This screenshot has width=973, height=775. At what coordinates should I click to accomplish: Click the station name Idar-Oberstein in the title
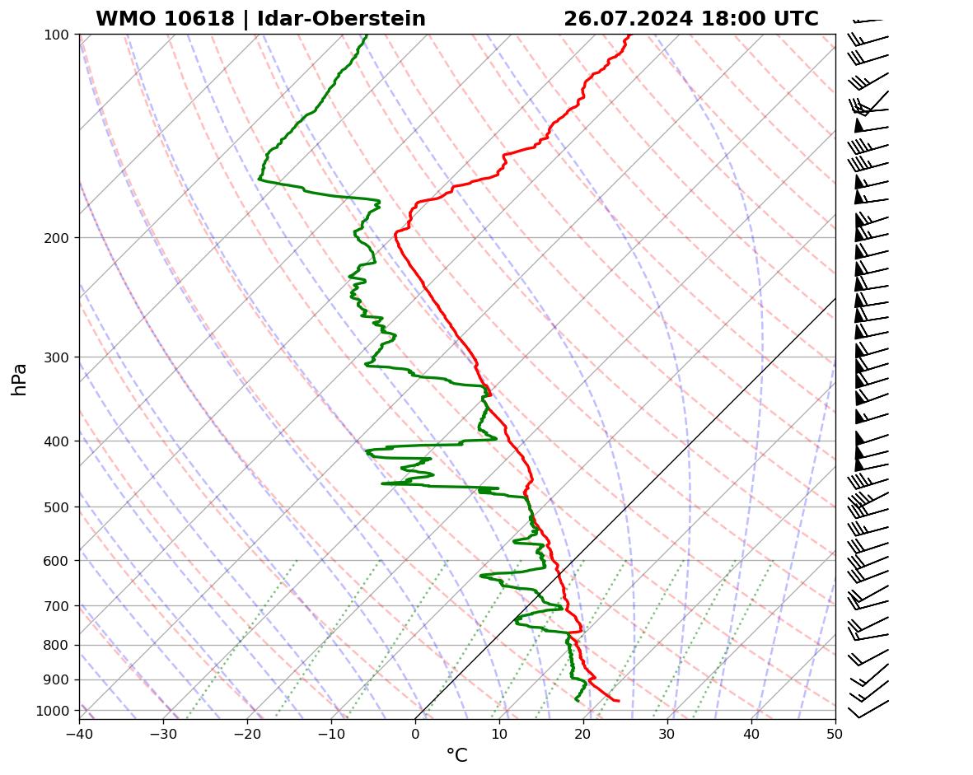tap(341, 19)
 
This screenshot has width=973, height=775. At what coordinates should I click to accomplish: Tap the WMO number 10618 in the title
tap(194, 19)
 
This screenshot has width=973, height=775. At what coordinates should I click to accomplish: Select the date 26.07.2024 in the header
tap(628, 19)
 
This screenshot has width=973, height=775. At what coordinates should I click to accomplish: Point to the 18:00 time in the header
tap(732, 19)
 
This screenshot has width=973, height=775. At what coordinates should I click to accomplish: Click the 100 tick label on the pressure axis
tap(58, 35)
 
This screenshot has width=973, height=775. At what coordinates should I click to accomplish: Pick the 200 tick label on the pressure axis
tap(58, 238)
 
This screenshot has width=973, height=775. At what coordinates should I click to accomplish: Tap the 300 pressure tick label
tap(58, 357)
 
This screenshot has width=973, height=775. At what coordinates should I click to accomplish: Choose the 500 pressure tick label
tap(58, 507)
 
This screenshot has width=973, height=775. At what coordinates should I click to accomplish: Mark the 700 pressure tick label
tap(58, 606)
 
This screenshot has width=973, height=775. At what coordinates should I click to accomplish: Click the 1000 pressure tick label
tap(54, 711)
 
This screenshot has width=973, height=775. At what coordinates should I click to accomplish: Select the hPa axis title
tap(20, 380)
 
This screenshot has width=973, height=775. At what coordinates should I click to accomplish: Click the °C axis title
tap(456, 756)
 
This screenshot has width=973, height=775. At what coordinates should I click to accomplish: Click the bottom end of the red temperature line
tap(619, 701)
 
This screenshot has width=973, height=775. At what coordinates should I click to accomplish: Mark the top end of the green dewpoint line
tap(367, 35)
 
